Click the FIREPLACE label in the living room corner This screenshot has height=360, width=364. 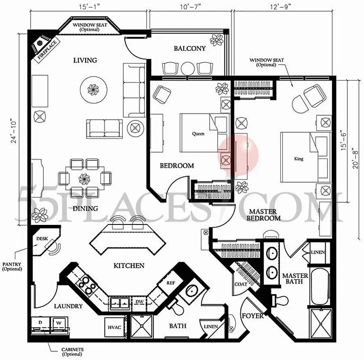[47, 50]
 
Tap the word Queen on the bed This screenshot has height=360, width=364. [198, 133]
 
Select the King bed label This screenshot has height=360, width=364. [298, 159]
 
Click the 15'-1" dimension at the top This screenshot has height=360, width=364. [89, 7]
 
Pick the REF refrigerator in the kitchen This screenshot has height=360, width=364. [171, 283]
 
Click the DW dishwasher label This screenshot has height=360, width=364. [139, 302]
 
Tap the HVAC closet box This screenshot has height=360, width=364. [114, 327]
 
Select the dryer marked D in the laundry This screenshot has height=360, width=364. [40, 323]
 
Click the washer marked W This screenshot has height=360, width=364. [59, 323]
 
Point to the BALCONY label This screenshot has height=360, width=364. [190, 48]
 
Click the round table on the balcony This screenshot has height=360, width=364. [188, 69]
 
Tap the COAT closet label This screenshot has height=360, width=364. [241, 284]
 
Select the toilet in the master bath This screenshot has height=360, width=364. [280, 300]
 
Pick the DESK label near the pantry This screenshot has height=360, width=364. [42, 238]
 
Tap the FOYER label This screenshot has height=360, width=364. [253, 316]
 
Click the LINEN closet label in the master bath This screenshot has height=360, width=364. [318, 252]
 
